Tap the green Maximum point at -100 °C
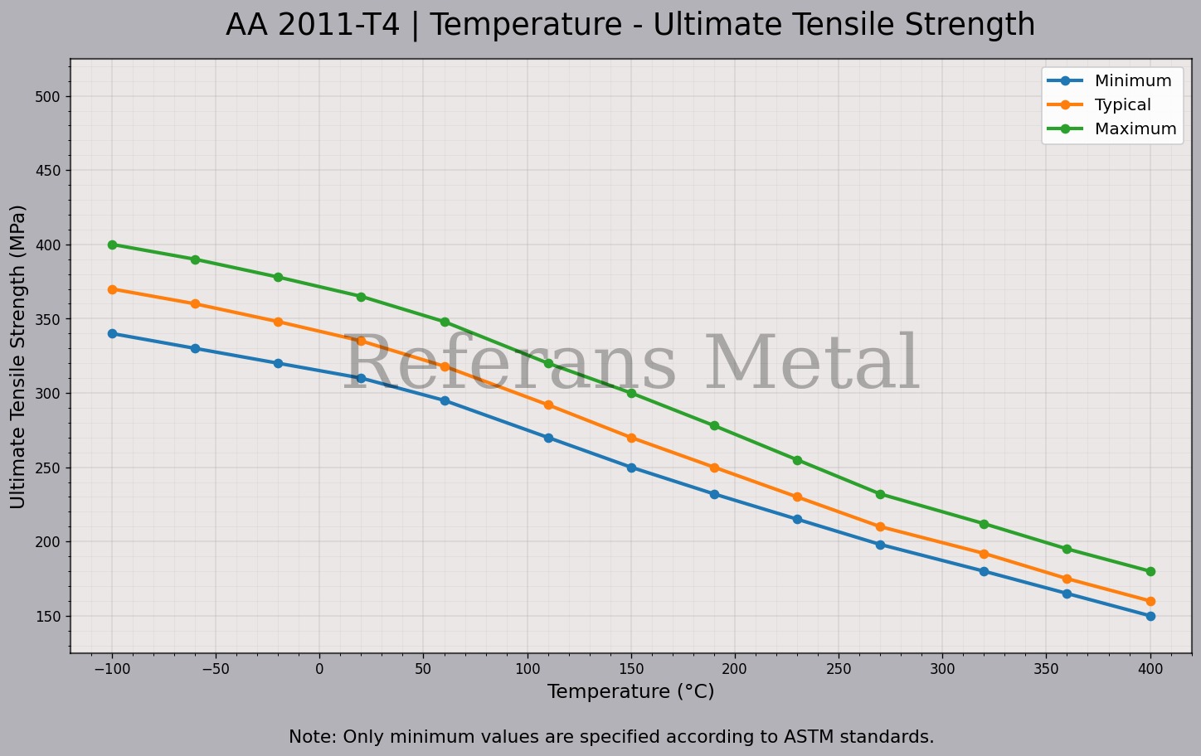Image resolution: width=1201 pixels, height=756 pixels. pos(112,245)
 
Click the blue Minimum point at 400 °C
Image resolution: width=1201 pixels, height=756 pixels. pos(1150,616)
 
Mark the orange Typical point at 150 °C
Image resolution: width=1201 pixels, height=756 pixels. pos(631,438)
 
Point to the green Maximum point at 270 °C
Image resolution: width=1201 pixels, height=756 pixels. pos(880,494)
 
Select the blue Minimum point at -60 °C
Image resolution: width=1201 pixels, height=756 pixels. pos(195,348)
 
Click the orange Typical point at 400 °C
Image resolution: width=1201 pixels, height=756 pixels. pos(1150,601)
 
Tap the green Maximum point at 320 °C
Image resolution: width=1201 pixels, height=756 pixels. pos(984,524)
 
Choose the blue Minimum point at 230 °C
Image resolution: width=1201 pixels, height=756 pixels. pos(797,519)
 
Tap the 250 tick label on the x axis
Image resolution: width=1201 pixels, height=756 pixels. pos(839,669)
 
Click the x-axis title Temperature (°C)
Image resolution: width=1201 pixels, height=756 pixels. pos(630,691)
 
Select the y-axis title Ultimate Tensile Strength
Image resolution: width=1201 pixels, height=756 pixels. pos(18,356)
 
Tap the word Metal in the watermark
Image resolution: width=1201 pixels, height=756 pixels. pos(813,365)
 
